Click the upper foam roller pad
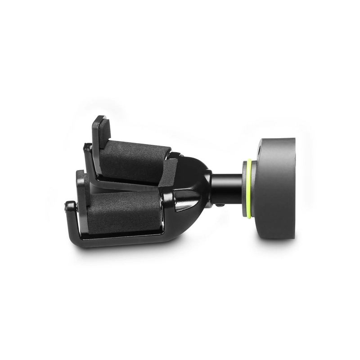pos(135,160)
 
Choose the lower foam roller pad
pos(124,211)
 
